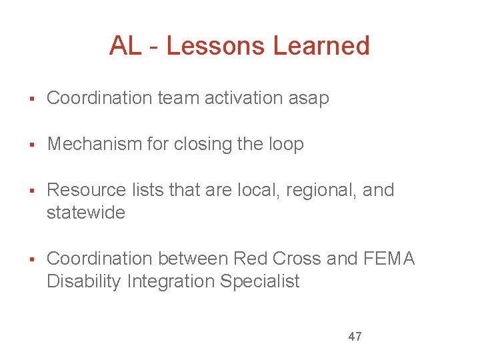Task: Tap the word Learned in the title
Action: coord(321,46)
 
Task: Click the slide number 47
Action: coord(355,337)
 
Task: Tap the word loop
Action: coord(286,145)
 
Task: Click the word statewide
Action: coord(85,213)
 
